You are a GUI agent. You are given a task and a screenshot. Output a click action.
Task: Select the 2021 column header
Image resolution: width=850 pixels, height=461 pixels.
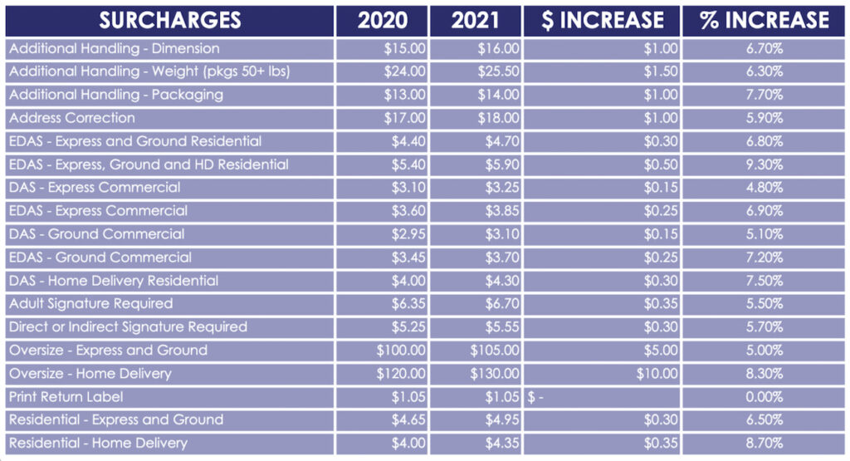(x=476, y=20)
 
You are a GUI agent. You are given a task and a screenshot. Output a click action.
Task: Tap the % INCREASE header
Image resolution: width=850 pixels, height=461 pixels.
(x=764, y=20)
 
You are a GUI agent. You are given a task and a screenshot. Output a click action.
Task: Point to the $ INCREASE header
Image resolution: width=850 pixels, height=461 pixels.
(x=602, y=20)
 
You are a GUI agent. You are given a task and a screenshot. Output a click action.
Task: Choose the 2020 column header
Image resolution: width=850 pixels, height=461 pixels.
(x=382, y=20)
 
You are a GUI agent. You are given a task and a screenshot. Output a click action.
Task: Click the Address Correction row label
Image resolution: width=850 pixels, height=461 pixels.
(x=72, y=118)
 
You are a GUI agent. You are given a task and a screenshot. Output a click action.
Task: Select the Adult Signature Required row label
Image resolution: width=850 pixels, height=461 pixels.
(x=91, y=304)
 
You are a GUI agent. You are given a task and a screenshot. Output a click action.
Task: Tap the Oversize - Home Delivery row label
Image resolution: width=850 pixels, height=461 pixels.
(x=90, y=374)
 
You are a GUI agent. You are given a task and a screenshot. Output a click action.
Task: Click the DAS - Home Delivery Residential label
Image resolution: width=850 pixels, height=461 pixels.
(x=115, y=281)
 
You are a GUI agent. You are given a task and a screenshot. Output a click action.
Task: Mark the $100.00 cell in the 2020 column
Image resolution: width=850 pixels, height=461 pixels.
(x=402, y=351)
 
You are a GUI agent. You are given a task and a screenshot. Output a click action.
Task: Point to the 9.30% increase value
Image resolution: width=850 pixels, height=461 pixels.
(x=764, y=164)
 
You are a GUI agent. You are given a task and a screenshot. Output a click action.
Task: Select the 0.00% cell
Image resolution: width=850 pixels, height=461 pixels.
(x=764, y=397)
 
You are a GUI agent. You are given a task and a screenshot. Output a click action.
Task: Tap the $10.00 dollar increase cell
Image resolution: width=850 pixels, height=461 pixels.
(x=658, y=374)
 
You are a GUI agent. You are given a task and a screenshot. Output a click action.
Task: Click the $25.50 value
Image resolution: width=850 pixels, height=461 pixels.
(x=499, y=71)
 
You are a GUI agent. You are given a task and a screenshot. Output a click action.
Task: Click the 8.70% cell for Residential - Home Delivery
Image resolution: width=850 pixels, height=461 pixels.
(x=764, y=444)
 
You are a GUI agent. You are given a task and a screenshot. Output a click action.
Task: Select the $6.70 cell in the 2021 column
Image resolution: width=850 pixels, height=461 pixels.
(x=502, y=304)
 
